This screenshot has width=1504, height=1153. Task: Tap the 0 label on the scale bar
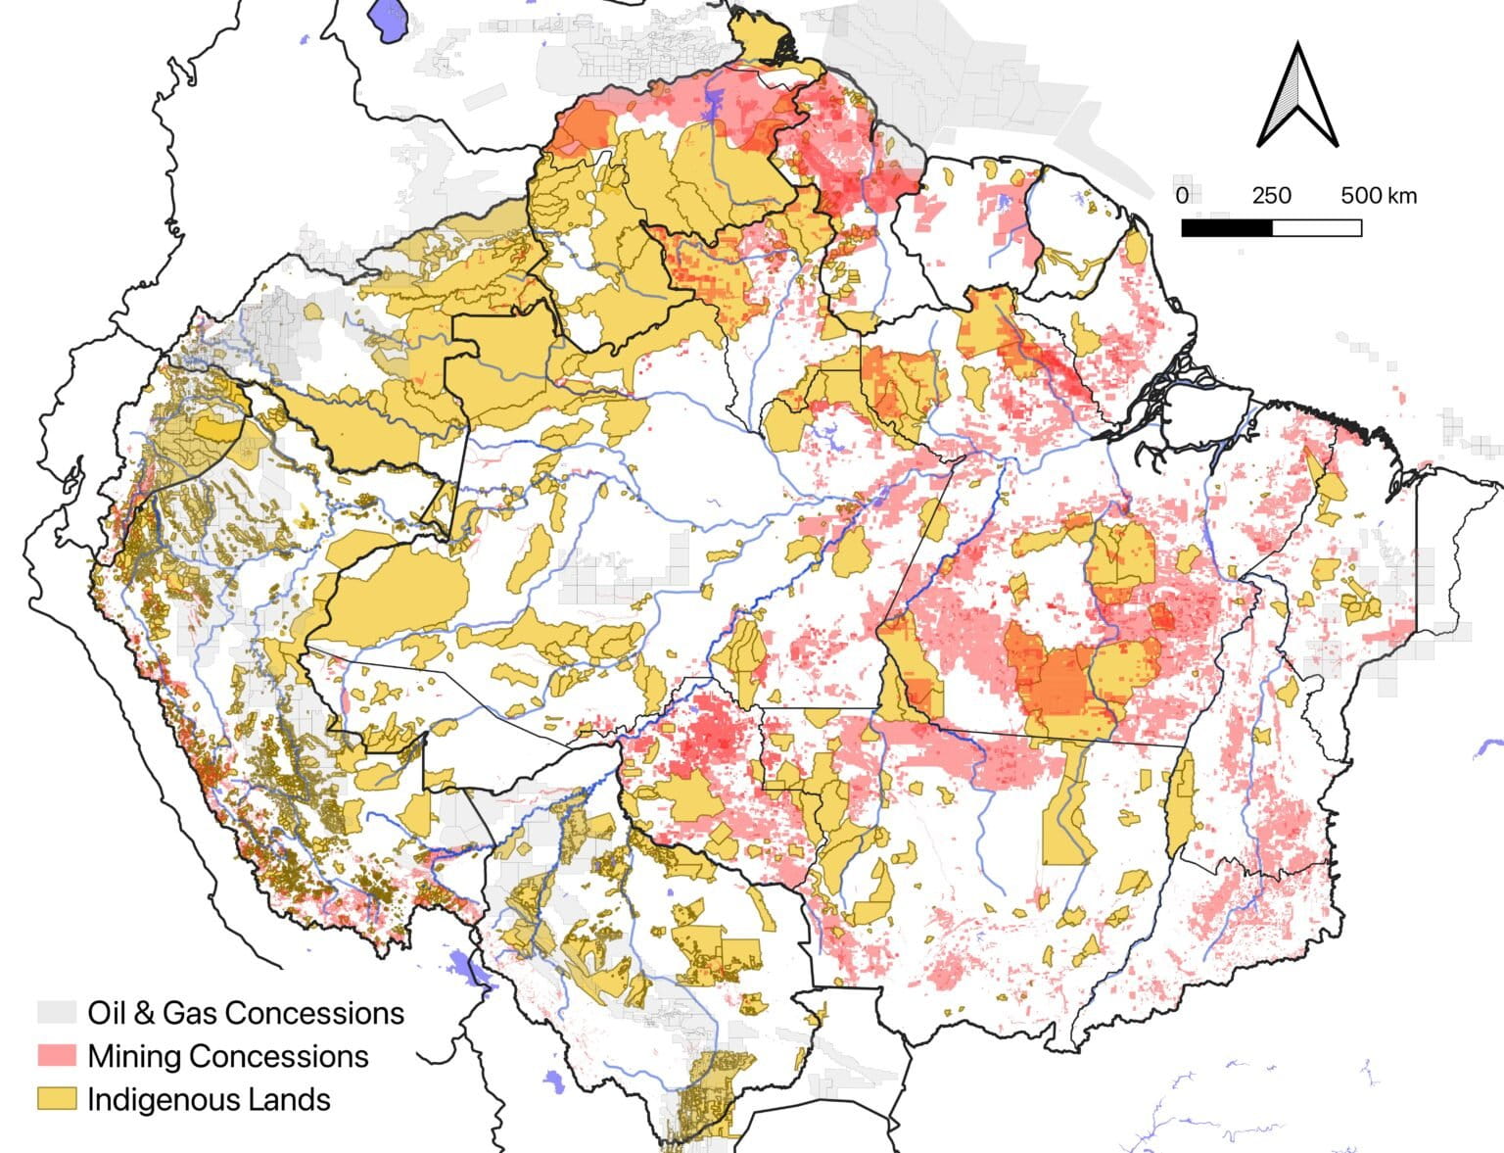pyautogui.click(x=1182, y=195)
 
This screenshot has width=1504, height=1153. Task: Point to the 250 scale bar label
pyautogui.click(x=1271, y=195)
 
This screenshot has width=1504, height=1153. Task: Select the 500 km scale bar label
pyautogui.click(x=1379, y=195)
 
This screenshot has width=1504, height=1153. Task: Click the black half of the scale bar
pyautogui.click(x=1227, y=228)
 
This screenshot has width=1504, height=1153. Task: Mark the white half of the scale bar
pyautogui.click(x=1317, y=228)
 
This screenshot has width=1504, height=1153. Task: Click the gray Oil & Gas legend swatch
pyautogui.click(x=57, y=1012)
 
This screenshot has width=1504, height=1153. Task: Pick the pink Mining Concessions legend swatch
pyautogui.click(x=57, y=1056)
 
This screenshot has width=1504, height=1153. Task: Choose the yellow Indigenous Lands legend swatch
pyautogui.click(x=57, y=1099)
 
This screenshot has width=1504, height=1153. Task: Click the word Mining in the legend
pyautogui.click(x=136, y=1056)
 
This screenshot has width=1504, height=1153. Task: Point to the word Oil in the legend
pyautogui.click(x=105, y=1012)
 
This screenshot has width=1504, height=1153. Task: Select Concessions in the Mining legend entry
pyautogui.click(x=279, y=1056)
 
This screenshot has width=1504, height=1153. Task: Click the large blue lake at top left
pyautogui.click(x=390, y=20)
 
